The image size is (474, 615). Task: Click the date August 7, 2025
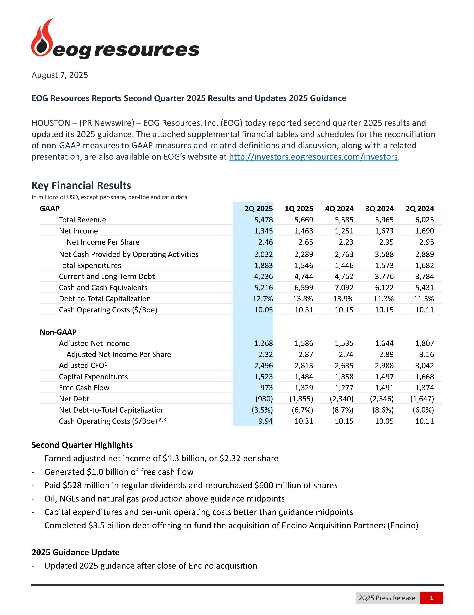point(60,75)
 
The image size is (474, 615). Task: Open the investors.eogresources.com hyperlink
point(313,157)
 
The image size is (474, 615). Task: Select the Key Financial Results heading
point(81,185)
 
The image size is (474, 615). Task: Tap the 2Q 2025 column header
point(258,209)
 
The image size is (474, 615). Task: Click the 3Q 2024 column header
point(379,209)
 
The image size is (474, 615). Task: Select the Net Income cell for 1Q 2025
point(304,231)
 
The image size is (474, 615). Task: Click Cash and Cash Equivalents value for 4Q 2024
point(344,288)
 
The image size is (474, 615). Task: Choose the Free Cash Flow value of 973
point(266,388)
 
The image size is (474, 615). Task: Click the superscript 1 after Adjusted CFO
point(106,364)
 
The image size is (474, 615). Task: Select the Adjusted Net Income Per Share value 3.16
point(426,354)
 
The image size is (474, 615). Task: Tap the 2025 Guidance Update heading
point(75,552)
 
